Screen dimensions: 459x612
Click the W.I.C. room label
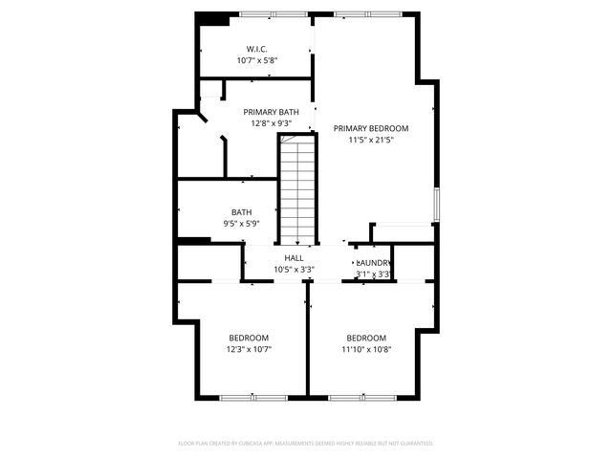pyautogui.click(x=256, y=49)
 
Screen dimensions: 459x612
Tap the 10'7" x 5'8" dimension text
pyautogui.click(x=256, y=60)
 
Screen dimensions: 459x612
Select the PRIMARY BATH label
pyautogui.click(x=271, y=112)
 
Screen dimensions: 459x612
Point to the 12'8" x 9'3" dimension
pyautogui.click(x=271, y=123)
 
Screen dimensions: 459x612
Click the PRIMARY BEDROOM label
pyautogui.click(x=371, y=128)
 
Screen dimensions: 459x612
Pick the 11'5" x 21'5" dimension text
pyautogui.click(x=371, y=140)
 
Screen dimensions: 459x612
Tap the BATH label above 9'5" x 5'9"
pyautogui.click(x=241, y=212)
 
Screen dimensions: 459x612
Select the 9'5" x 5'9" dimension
pyautogui.click(x=241, y=224)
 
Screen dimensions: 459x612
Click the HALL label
pyautogui.click(x=294, y=258)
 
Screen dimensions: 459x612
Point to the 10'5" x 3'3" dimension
pyautogui.click(x=294, y=270)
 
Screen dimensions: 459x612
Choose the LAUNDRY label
pyautogui.click(x=374, y=263)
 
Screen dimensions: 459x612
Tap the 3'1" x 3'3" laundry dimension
pyautogui.click(x=373, y=274)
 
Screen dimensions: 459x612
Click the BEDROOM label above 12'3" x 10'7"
pyautogui.click(x=249, y=338)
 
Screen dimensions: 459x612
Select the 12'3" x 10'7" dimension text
pyautogui.click(x=249, y=349)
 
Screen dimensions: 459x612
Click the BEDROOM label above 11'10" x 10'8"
pyautogui.click(x=366, y=338)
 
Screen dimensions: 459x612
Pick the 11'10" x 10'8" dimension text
pyautogui.click(x=366, y=349)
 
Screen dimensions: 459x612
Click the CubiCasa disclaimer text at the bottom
pyautogui.click(x=306, y=444)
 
